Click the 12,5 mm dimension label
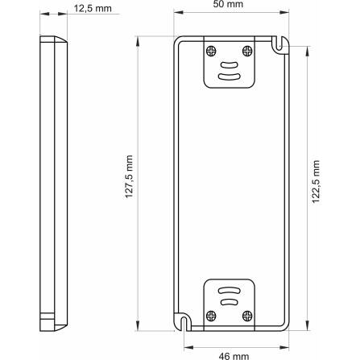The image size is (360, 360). tap(93, 9)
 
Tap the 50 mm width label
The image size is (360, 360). tap(228, 4)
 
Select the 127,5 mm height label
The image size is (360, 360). tap(130, 176)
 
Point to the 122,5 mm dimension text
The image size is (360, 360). tap(317, 181)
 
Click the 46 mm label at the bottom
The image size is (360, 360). tap(234, 356)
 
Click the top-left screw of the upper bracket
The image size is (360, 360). tap(211, 51)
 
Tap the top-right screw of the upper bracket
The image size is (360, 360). tap(247, 51)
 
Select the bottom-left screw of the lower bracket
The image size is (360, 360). tap(211, 316)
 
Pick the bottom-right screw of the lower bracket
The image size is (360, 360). tap(247, 316)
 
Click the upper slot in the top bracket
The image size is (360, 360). tap(230, 65)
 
